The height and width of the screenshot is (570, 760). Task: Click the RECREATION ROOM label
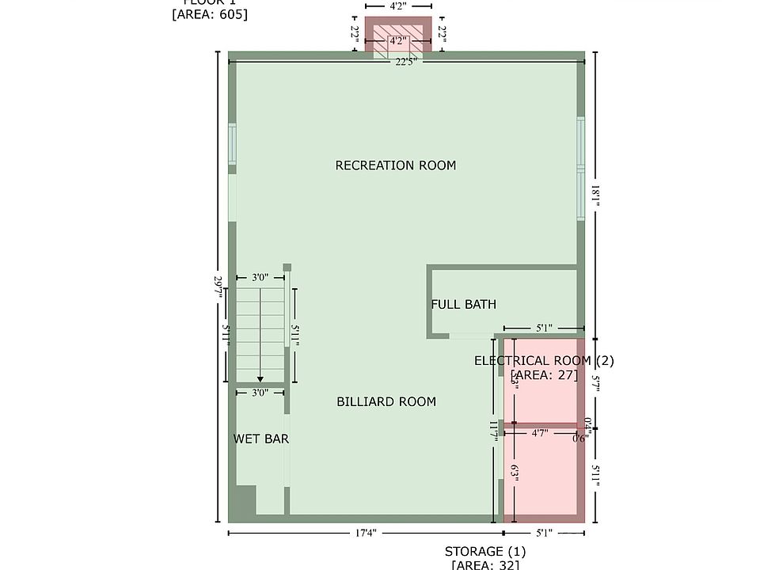coord(396,165)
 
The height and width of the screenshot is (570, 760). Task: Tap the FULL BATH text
coord(464,304)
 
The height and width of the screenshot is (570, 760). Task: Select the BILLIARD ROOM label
coord(386,401)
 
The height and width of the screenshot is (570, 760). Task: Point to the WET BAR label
coord(261,439)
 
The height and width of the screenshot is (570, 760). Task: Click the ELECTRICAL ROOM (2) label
coord(544,361)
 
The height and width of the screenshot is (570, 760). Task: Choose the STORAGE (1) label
coord(484,551)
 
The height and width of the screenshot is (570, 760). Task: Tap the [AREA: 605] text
coord(210,13)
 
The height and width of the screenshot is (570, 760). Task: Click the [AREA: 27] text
coord(544,375)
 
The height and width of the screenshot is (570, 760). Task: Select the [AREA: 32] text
coord(484,564)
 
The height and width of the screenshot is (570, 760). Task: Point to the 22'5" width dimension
coord(406,62)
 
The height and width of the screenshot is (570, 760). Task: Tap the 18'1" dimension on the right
coord(595,196)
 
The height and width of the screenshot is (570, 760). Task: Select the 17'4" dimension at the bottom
coord(365,534)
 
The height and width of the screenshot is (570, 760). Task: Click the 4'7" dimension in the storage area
coord(541,433)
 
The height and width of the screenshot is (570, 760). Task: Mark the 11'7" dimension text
coord(493,431)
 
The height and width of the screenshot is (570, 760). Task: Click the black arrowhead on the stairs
coord(260,380)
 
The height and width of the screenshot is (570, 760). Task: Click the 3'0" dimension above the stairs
coord(260,278)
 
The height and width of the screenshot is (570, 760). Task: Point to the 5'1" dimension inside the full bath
coord(544,327)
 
